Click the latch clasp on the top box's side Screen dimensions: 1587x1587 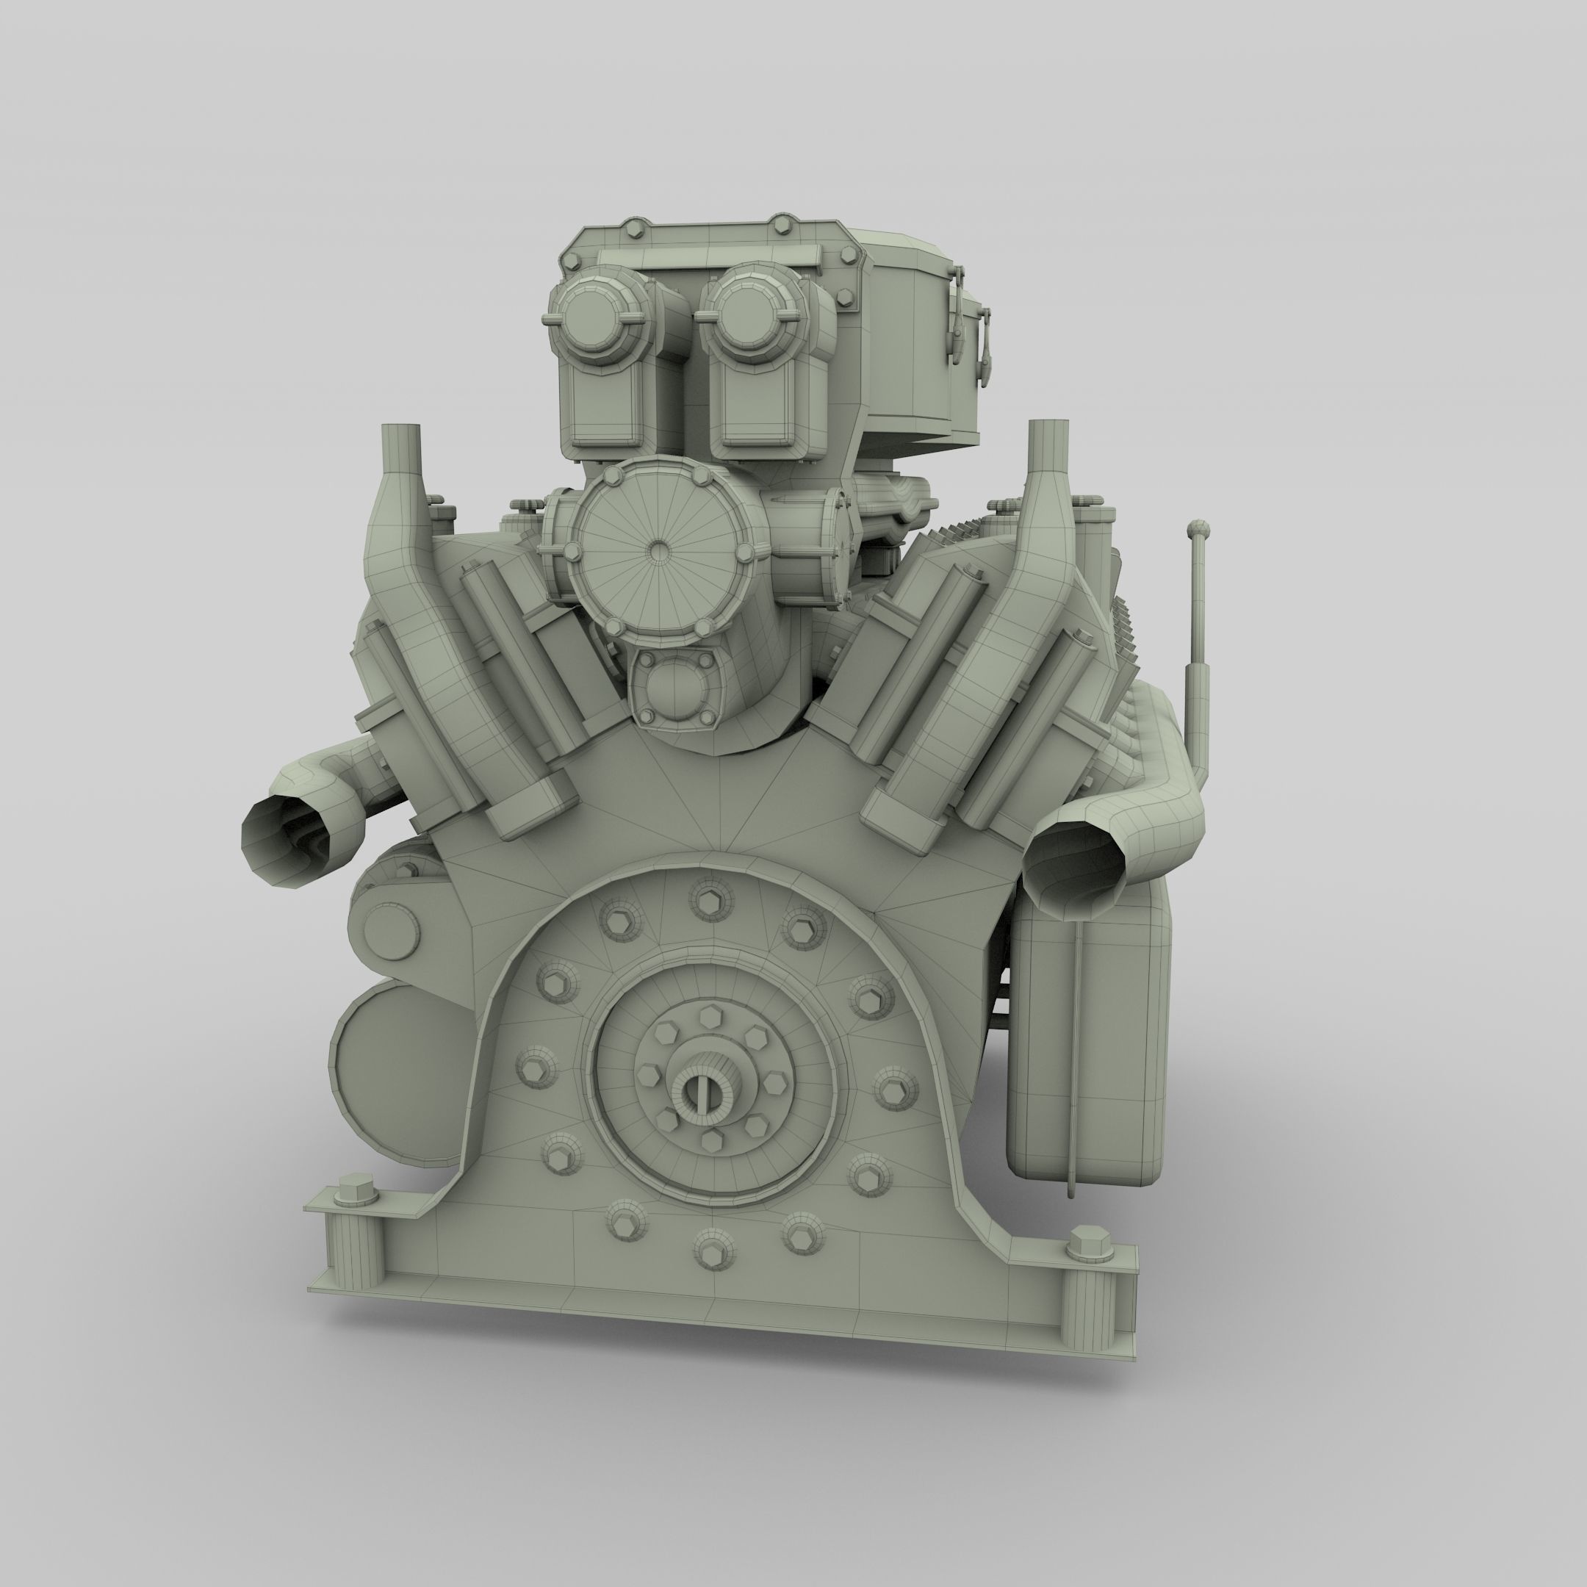[956, 316]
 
